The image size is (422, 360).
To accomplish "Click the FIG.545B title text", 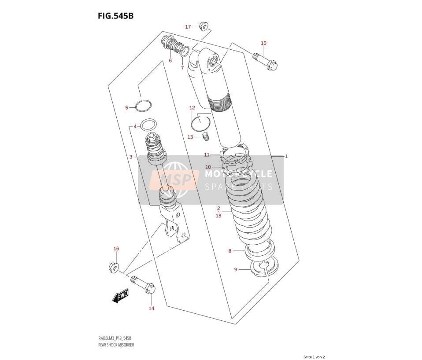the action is (115, 16).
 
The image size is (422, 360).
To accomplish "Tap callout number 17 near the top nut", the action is (188, 27).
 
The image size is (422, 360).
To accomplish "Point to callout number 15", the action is (263, 43).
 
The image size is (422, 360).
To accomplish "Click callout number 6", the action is (170, 60).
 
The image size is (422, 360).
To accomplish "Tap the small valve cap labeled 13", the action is (206, 136).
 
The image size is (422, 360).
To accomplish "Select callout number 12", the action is (192, 108).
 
